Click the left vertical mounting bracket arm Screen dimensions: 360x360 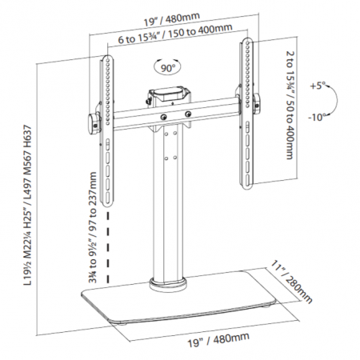point(106,120)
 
